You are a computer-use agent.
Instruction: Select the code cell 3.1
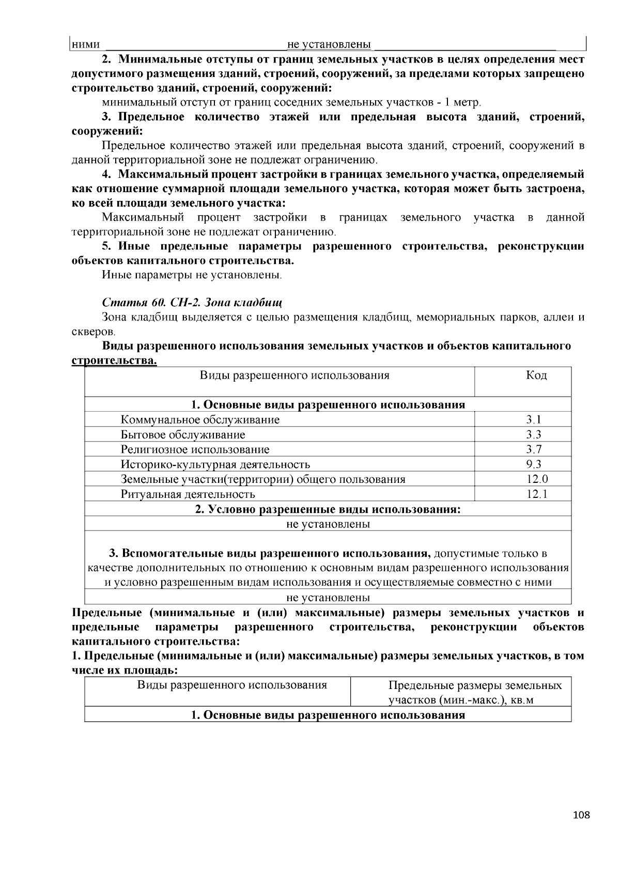click(534, 419)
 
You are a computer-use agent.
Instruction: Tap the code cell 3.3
click(534, 434)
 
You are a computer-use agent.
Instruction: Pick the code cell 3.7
click(534, 449)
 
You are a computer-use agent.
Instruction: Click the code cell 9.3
click(534, 464)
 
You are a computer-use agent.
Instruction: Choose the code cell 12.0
click(537, 479)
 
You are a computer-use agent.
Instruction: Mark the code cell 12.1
click(537, 494)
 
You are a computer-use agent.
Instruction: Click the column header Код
click(536, 375)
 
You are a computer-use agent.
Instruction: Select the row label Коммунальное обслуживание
click(200, 419)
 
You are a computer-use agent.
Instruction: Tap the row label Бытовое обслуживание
click(183, 434)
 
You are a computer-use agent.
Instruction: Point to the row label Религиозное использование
click(195, 449)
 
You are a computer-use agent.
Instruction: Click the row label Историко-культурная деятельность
click(215, 464)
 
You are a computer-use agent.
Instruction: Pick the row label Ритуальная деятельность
click(188, 494)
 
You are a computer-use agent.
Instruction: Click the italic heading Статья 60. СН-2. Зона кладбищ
click(192, 302)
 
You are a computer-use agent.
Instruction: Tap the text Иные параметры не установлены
click(192, 274)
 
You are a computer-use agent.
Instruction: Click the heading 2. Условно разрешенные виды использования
click(328, 509)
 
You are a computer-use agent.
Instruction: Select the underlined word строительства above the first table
click(114, 360)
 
